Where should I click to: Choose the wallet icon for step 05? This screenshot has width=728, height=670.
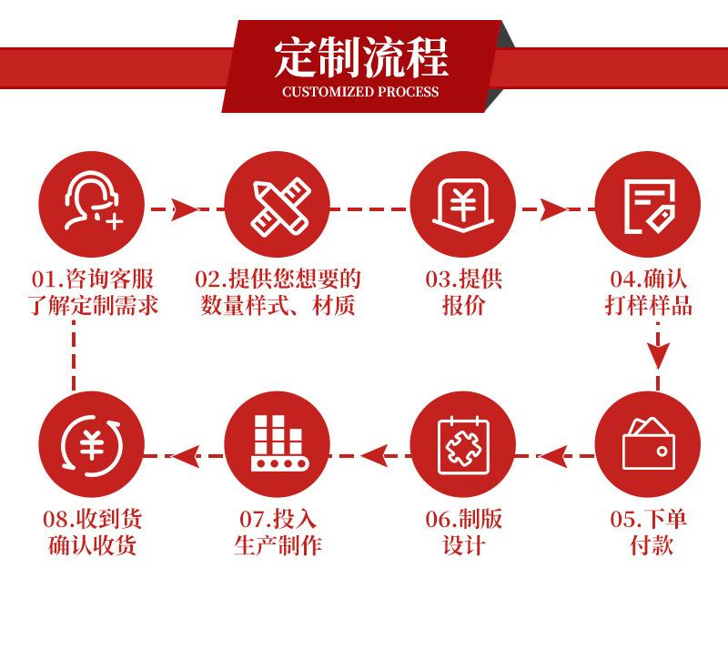click(x=648, y=443)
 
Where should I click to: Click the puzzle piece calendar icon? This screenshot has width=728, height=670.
click(x=462, y=444)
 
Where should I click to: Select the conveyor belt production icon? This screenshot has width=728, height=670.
click(x=277, y=443)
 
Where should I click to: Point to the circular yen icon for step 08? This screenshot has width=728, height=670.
click(x=91, y=443)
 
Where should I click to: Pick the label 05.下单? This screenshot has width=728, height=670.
click(x=648, y=519)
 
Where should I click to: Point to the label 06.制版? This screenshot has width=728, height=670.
click(x=463, y=519)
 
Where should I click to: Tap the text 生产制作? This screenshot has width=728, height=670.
click(x=278, y=545)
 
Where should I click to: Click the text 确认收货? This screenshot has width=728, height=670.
click(x=92, y=545)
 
